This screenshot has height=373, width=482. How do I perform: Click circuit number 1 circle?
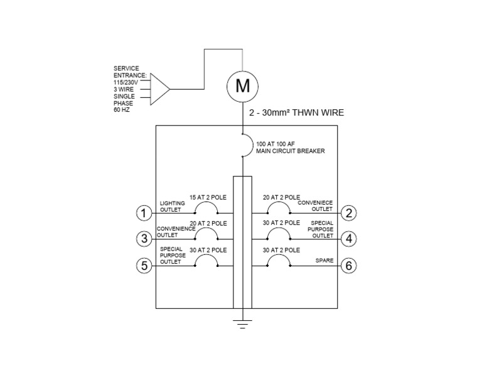(144, 214)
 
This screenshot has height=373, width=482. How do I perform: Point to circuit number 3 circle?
(144, 239)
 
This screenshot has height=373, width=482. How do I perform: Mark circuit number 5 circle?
(144, 266)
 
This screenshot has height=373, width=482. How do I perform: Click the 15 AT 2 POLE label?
(208, 197)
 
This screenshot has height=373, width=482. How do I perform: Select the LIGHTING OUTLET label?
(170, 207)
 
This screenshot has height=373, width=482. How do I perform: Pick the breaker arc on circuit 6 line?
(279, 260)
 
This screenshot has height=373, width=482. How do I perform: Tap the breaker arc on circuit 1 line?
(206, 208)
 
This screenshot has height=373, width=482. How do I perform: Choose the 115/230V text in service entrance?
(126, 82)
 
